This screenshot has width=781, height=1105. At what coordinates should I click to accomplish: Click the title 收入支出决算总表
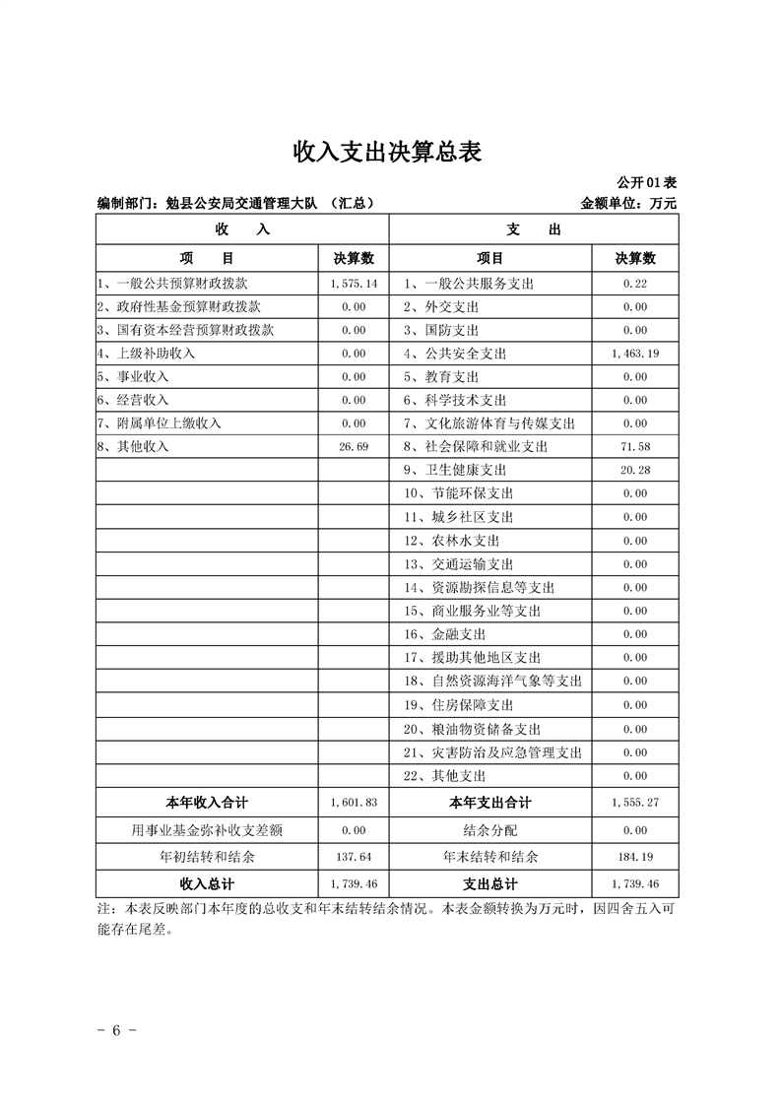tap(390, 152)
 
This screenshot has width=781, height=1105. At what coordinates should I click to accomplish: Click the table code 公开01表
tap(646, 183)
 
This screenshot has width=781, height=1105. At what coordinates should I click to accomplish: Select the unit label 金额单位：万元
tap(629, 204)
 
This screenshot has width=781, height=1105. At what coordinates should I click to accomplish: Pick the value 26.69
tap(354, 447)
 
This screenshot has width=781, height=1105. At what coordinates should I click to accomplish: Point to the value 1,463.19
tap(634, 353)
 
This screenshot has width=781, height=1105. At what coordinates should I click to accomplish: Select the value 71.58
tap(635, 447)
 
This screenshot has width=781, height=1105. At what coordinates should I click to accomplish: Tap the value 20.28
tap(635, 470)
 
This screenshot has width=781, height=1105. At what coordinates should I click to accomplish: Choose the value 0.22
tap(635, 283)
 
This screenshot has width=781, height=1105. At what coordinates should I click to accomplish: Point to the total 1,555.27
tap(634, 802)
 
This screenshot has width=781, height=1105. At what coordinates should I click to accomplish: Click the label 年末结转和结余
tap(489, 857)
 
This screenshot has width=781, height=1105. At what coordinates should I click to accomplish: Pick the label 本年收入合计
tap(207, 802)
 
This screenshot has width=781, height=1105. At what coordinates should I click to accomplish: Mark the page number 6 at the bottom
tap(115, 1030)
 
